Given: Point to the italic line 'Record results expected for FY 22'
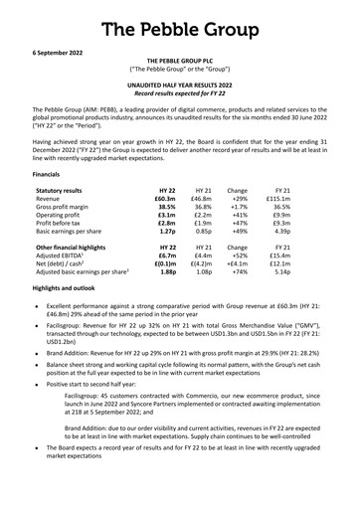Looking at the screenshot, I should (x=180, y=95).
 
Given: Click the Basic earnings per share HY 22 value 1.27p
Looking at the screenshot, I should (x=167, y=243).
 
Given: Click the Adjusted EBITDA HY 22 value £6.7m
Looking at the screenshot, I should (x=167, y=272).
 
